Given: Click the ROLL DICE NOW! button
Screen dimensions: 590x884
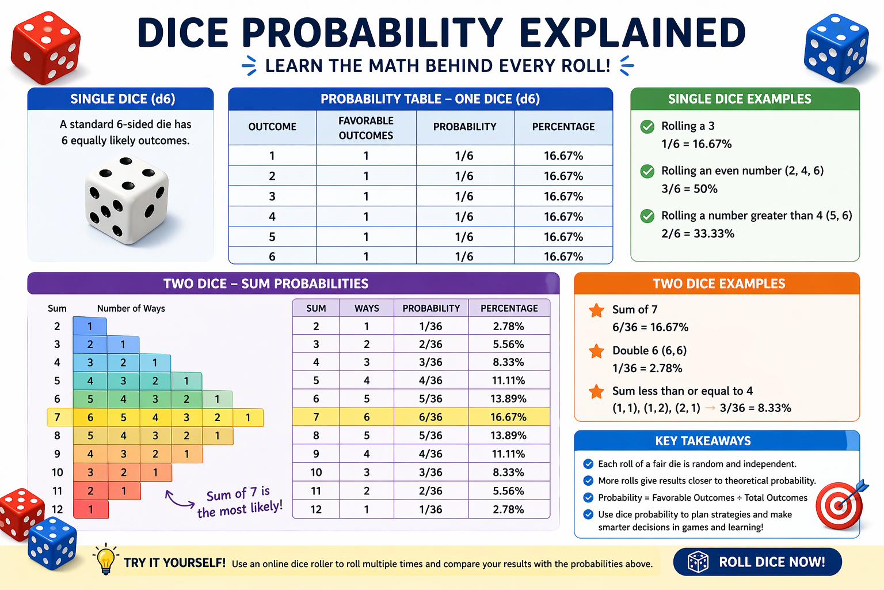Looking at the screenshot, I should pos(757,562).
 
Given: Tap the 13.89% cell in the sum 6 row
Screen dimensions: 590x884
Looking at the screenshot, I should pos(508,399).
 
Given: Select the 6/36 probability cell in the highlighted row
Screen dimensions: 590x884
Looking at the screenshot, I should pos(430,417).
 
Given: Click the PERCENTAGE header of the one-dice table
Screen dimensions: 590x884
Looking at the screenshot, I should pos(563,127).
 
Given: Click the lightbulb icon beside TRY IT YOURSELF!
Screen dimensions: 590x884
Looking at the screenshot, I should pos(105,558).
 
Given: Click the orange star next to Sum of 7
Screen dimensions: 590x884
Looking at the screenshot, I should pos(596,311).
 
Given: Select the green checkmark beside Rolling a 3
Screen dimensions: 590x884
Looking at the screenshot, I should pos(647,127).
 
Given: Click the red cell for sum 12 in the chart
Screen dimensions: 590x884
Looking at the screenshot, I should pos(90,509).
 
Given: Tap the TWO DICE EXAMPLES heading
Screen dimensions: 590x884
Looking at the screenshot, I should pos(718,283).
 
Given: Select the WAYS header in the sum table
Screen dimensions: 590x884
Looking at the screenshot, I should pos(367,308).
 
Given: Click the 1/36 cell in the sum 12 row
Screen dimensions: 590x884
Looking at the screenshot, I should pos(430,509).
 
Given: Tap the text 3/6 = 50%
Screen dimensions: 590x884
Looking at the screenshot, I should pos(689,189).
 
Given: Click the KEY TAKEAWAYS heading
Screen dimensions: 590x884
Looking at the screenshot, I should pos(703,441).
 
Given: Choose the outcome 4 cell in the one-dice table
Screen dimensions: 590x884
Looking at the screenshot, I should pos(272,217).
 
